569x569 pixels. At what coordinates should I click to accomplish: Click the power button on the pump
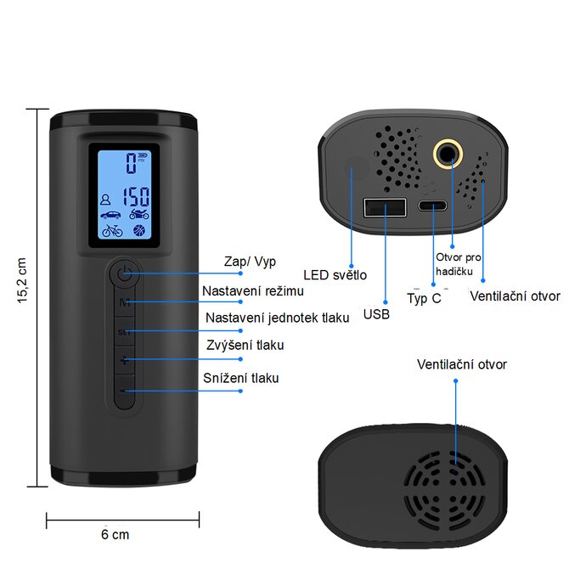pyautogui.click(x=126, y=273)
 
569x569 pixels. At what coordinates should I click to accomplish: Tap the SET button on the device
pyautogui.click(x=126, y=332)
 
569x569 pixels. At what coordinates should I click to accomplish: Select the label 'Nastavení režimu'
pyautogui.click(x=253, y=290)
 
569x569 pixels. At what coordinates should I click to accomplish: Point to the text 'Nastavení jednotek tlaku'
pyautogui.click(x=277, y=318)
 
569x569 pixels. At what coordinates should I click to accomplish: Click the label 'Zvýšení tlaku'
pyautogui.click(x=245, y=345)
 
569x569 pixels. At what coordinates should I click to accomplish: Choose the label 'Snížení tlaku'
pyautogui.click(x=241, y=378)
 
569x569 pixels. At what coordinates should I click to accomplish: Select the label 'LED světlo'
pyautogui.click(x=335, y=274)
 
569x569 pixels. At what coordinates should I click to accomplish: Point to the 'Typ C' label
pyautogui.click(x=424, y=299)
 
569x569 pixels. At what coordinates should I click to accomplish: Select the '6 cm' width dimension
pyautogui.click(x=115, y=534)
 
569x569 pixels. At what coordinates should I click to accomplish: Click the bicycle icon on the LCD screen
pyautogui.click(x=111, y=229)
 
